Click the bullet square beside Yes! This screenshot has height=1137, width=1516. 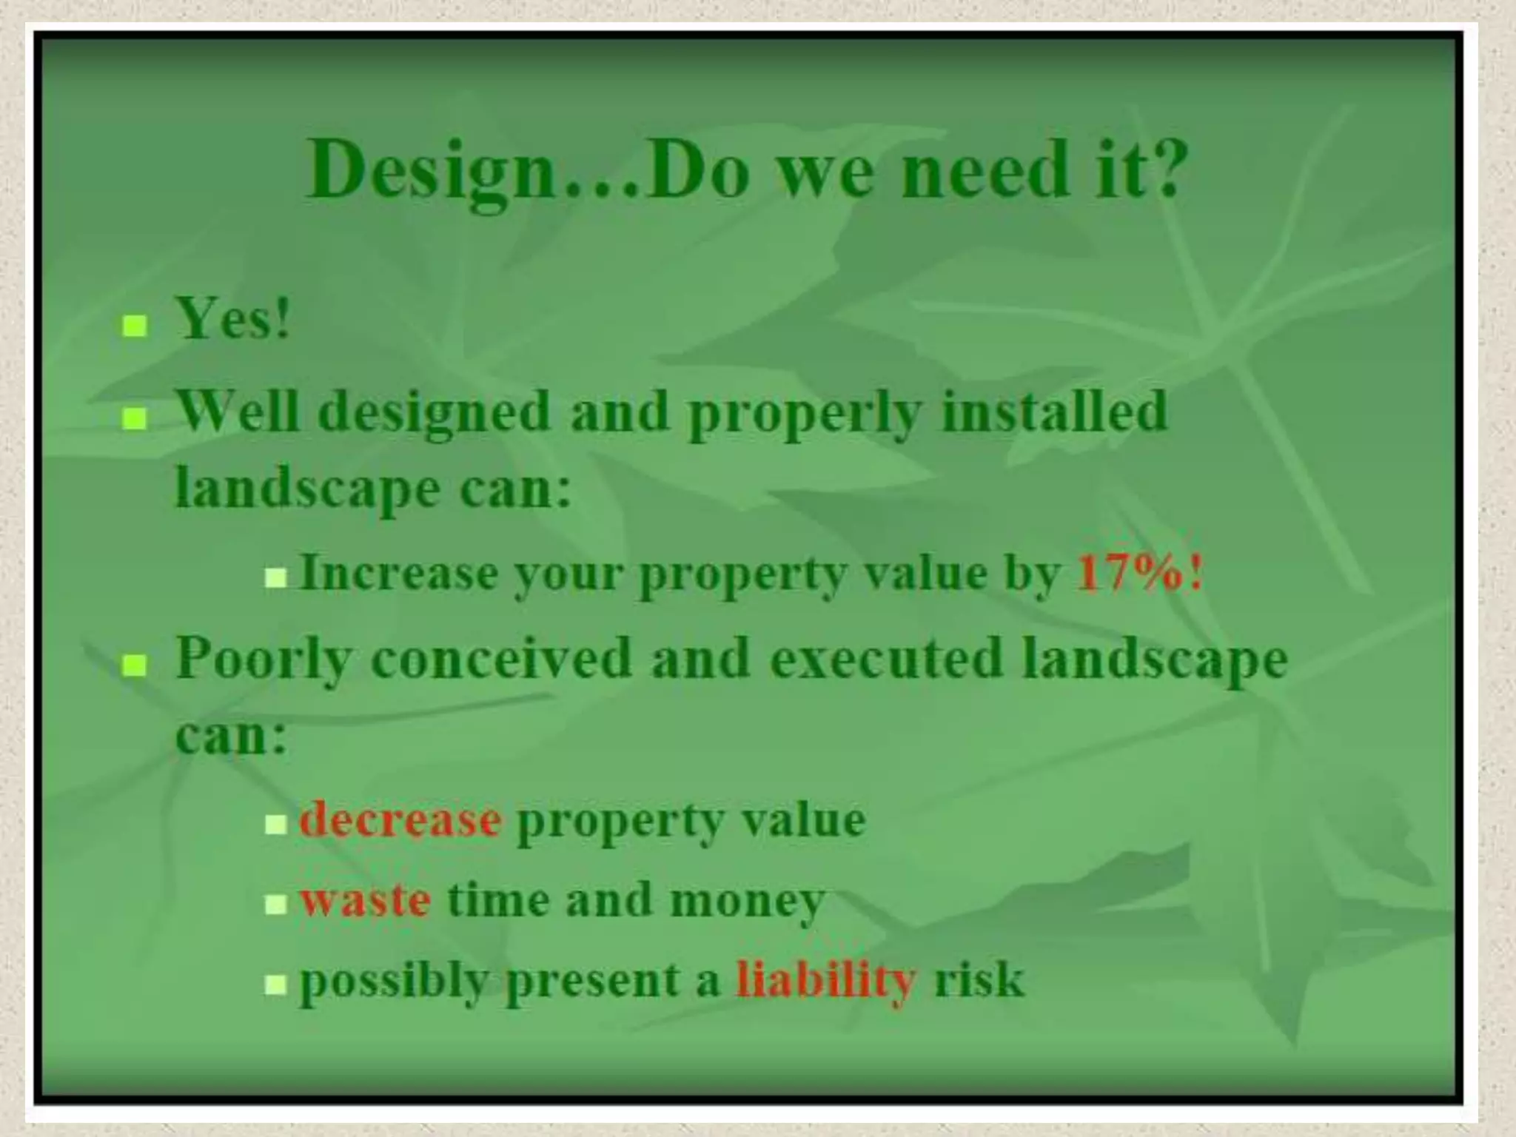[x=134, y=326]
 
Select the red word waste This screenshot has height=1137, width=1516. [x=366, y=901]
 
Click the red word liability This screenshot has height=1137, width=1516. [x=826, y=981]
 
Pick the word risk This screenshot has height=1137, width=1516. [x=979, y=981]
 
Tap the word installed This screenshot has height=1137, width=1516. [x=1055, y=411]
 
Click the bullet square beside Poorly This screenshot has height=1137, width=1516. [x=134, y=666]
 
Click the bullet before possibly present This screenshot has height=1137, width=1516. [x=275, y=985]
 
